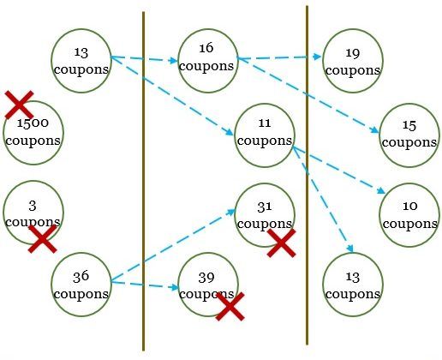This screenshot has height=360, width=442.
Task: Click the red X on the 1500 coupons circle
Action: (x=19, y=105)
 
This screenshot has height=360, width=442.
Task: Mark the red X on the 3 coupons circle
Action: (x=43, y=239)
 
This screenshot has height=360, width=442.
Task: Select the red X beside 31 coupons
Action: (x=281, y=243)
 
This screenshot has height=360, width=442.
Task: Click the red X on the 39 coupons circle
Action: (x=230, y=306)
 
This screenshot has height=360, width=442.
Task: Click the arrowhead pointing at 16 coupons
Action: (x=174, y=60)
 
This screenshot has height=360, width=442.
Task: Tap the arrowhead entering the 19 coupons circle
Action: (x=318, y=57)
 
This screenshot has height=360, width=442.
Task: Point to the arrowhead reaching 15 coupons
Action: (x=375, y=130)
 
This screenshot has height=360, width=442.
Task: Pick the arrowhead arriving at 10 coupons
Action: (x=381, y=190)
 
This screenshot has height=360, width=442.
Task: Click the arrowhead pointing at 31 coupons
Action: (x=230, y=212)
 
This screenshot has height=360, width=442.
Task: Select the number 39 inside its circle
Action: (x=206, y=278)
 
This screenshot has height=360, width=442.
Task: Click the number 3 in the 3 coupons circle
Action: (x=33, y=206)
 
